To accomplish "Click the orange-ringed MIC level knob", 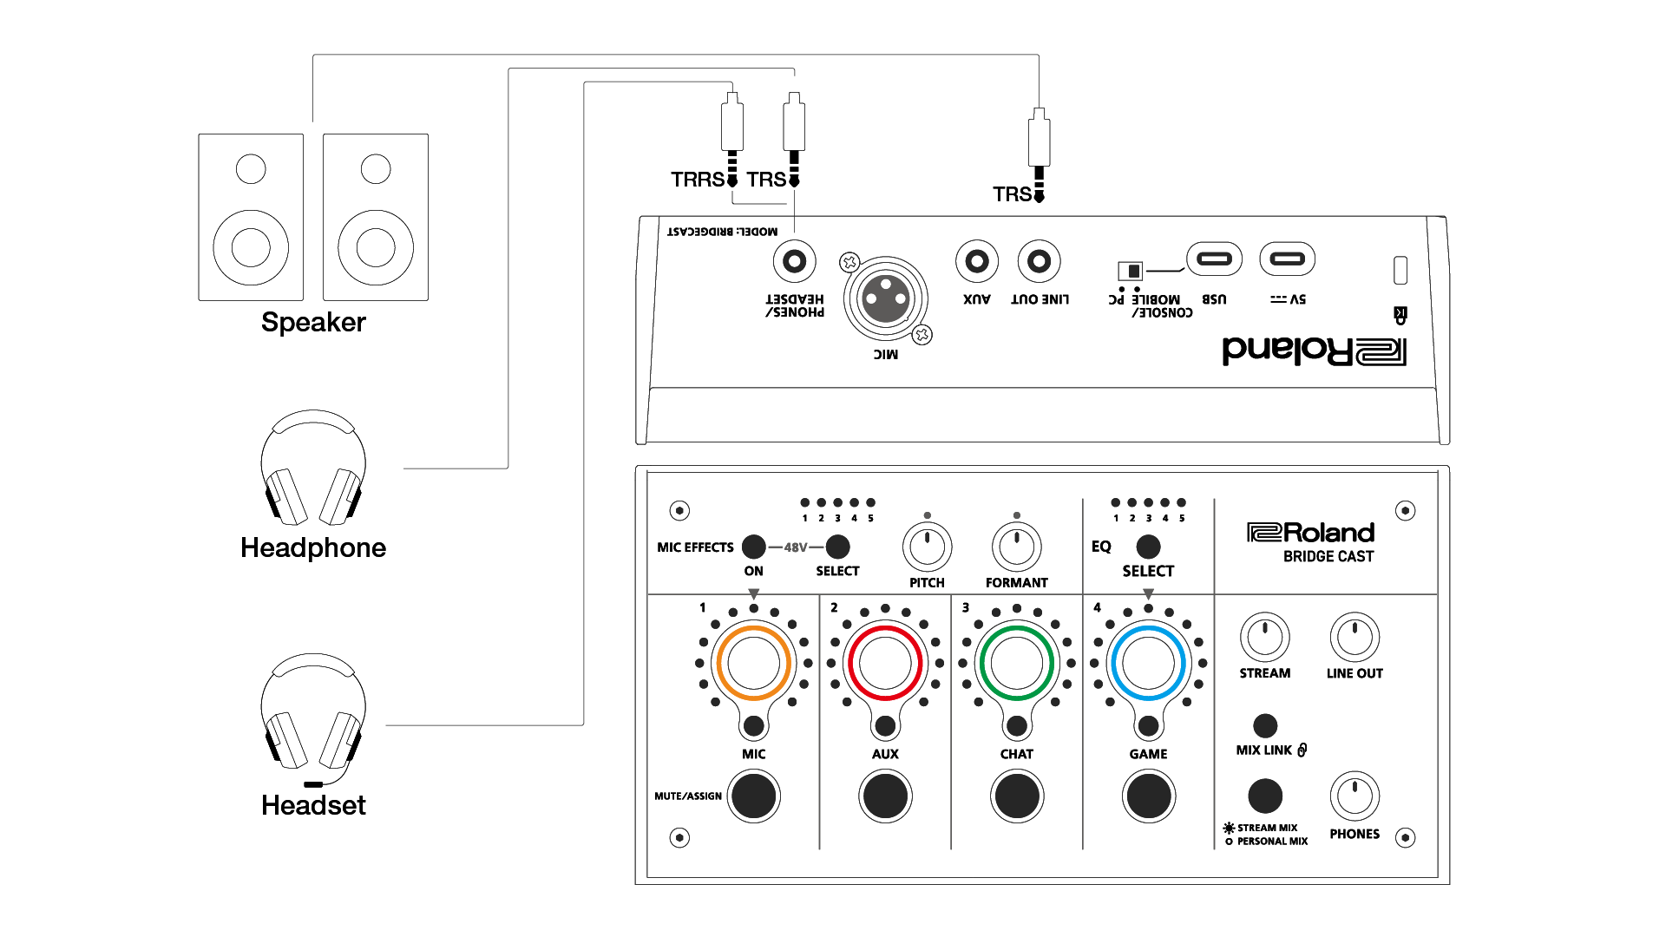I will point(752,664).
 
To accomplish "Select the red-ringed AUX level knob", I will point(884,664).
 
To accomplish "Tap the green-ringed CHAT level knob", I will point(1016,664).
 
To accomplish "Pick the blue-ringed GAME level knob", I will point(1147,664).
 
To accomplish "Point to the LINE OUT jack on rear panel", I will point(1039,261).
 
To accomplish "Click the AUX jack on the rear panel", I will point(976,261).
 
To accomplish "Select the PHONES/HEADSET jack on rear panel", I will point(794,261).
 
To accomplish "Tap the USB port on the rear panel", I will point(1213,259).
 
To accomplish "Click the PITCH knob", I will point(927,547).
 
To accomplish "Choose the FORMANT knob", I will point(1016,547).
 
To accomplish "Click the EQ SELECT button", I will point(1147,547).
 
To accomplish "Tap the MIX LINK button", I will point(1264,725).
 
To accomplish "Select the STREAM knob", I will point(1264,638).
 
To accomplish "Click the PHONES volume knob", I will point(1354,796).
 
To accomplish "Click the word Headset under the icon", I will point(313,805).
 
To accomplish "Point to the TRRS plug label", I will point(697,180).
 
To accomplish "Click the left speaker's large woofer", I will point(251,247).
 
